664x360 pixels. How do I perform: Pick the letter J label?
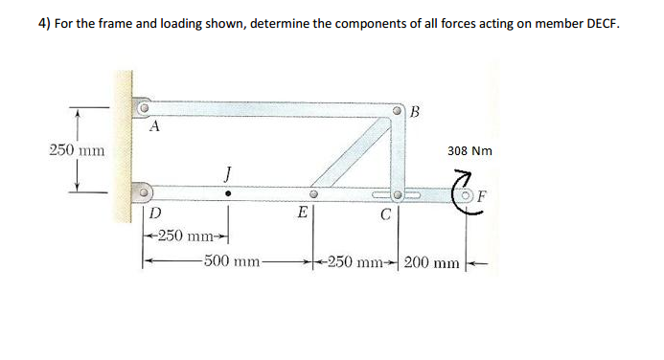[x=227, y=173]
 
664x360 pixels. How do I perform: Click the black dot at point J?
[x=227, y=192]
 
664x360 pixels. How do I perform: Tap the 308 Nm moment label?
[x=469, y=151]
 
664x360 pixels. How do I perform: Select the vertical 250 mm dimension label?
[x=78, y=149]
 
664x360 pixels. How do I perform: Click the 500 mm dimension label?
[x=233, y=260]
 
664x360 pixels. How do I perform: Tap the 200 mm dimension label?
[x=434, y=261]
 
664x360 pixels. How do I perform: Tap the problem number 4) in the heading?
[x=46, y=24]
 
